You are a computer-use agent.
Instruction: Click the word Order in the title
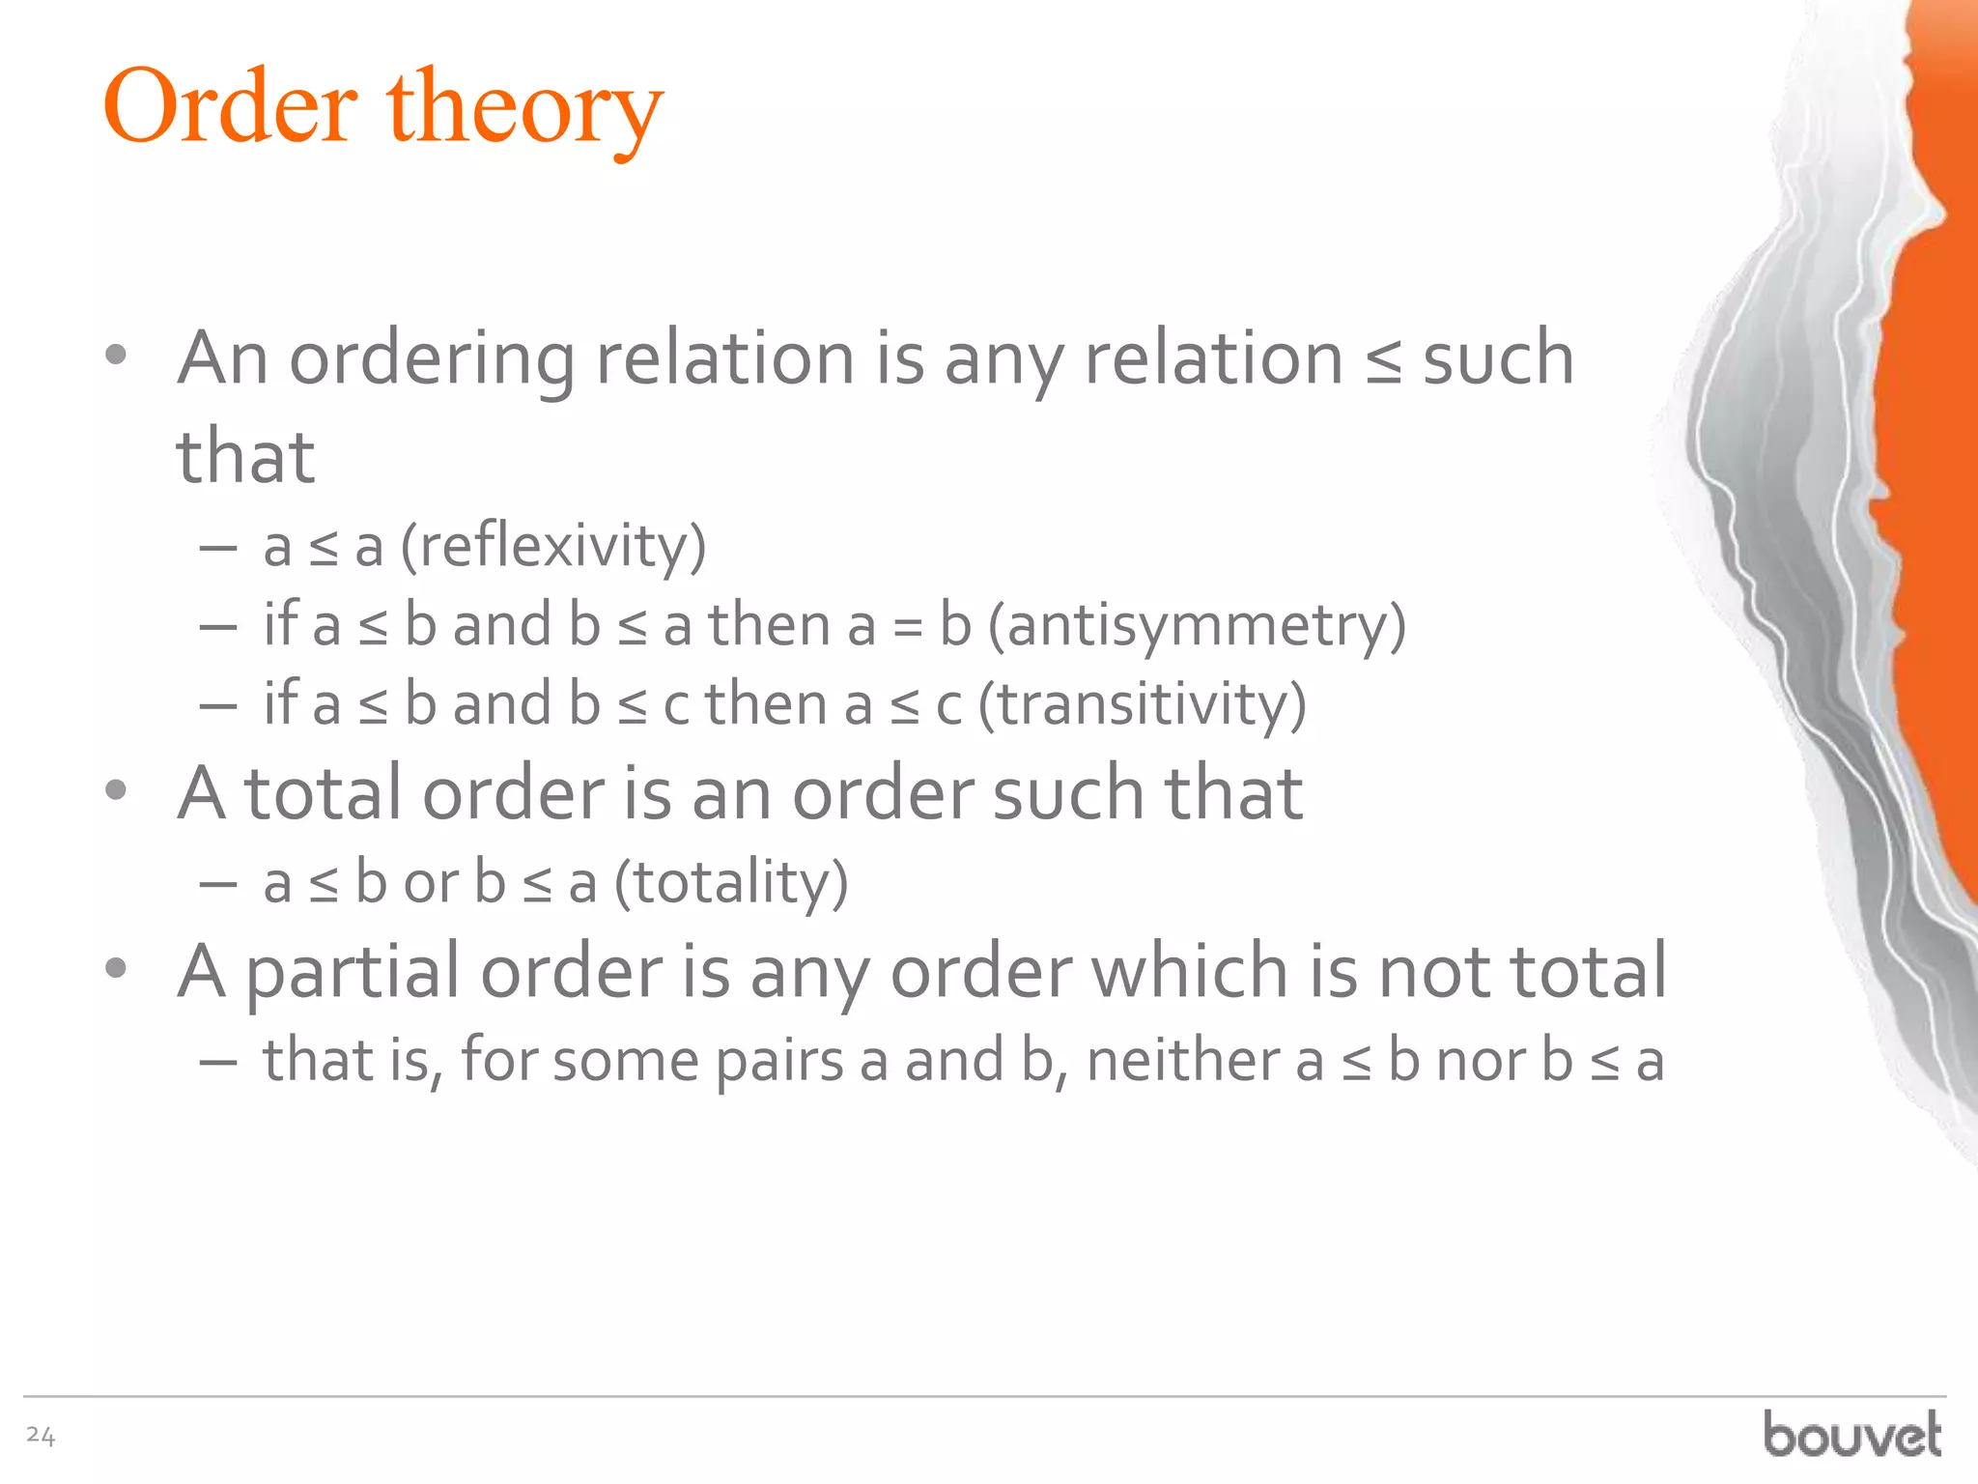pos(230,107)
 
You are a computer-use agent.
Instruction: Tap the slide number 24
pos(41,1436)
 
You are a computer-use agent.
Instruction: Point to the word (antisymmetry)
pos(1197,626)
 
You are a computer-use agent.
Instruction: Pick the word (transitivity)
pos(1142,704)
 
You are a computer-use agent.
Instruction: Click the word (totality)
pos(731,883)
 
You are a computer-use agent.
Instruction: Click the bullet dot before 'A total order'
pos(116,790)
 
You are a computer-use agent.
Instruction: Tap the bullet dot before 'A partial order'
pos(116,968)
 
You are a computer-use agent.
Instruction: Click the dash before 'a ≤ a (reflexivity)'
pos(218,548)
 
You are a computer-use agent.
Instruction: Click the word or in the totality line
pos(431,883)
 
